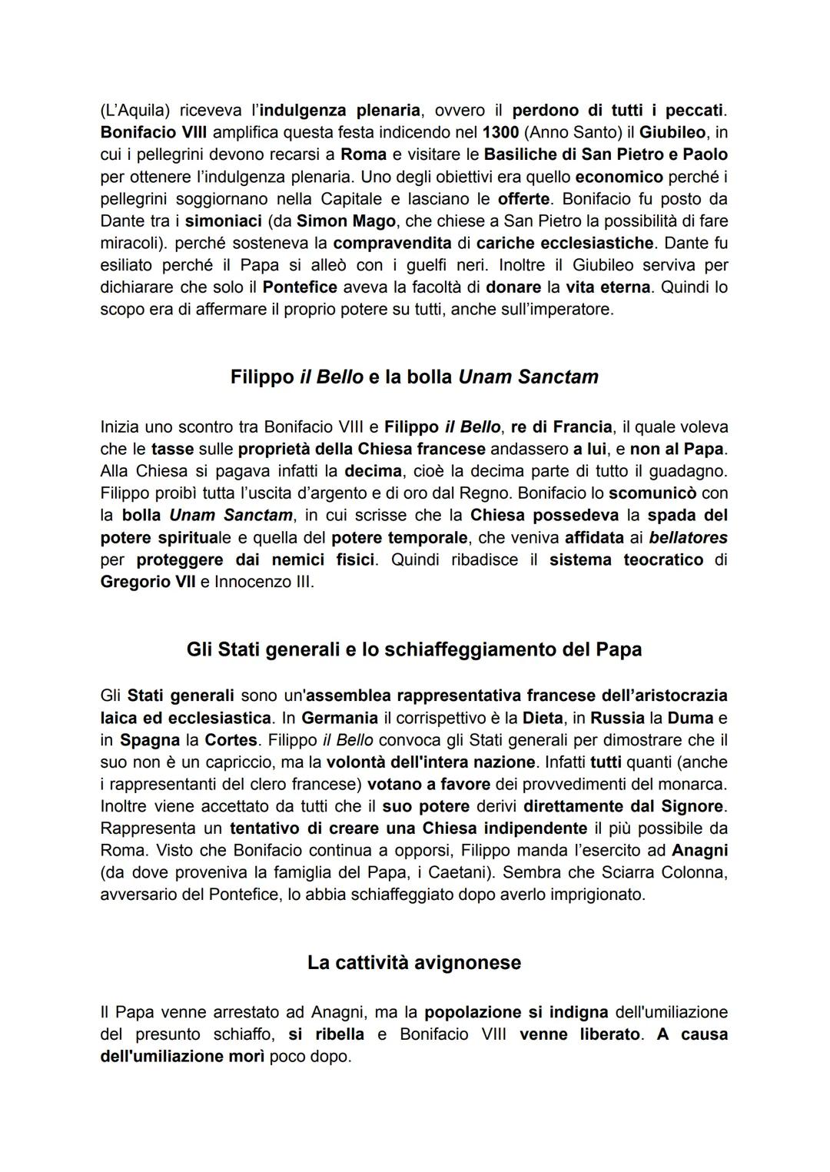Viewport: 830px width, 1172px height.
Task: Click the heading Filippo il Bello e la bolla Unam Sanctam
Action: [x=414, y=377]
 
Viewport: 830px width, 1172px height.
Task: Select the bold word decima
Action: [x=373, y=470]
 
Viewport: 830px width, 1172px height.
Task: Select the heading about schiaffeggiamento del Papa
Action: [x=414, y=649]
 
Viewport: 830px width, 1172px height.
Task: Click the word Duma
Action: [x=689, y=718]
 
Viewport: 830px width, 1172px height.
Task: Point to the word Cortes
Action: [x=231, y=740]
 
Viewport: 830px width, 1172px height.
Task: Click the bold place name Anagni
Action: [x=699, y=851]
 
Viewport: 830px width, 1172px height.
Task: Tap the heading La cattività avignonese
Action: [x=414, y=962]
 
